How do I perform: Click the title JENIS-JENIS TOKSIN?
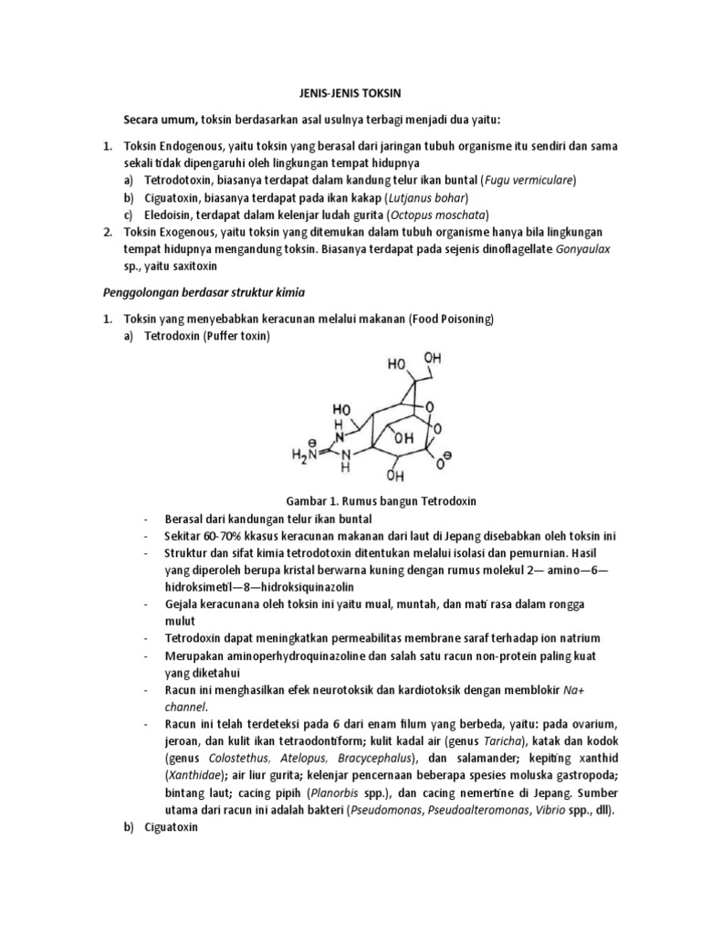pyautogui.click(x=350, y=92)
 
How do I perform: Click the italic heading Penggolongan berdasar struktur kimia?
pyautogui.click(x=205, y=292)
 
